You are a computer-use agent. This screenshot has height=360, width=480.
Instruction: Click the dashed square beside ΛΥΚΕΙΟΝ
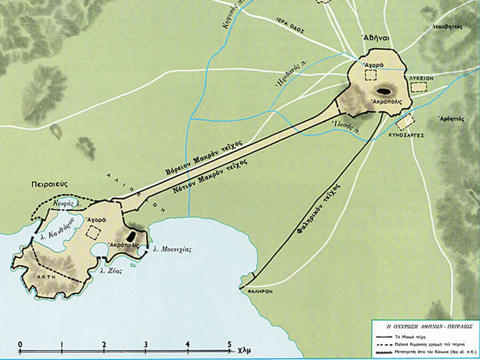point(419,86)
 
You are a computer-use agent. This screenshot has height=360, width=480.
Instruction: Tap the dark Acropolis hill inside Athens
point(382,91)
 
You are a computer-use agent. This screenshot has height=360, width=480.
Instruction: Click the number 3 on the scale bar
point(146,343)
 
